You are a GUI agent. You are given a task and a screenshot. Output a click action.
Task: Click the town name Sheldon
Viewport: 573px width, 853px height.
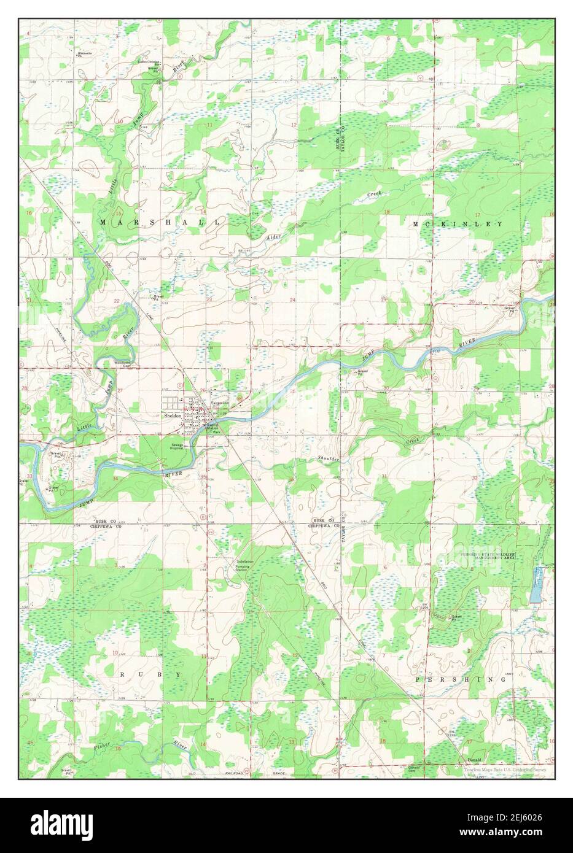click(x=173, y=415)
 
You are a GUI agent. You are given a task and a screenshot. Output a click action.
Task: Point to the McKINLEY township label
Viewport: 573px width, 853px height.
click(x=458, y=225)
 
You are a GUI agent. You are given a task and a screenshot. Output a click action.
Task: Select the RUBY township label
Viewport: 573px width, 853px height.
click(x=150, y=674)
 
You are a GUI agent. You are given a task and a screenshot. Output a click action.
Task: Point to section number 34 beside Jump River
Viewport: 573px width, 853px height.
click(x=115, y=477)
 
